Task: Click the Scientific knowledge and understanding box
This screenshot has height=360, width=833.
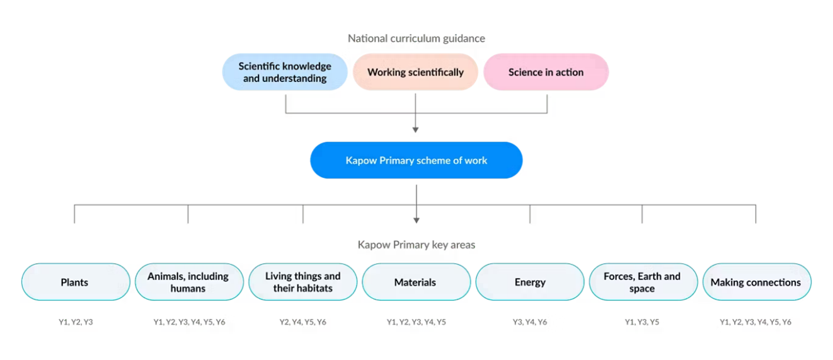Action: pos(285,72)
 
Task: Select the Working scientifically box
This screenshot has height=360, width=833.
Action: pos(415,72)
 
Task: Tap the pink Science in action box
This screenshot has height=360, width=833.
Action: pos(546,72)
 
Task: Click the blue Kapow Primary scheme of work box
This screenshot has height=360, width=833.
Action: pos(416,160)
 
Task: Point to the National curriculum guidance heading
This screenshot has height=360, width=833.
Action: pos(417,38)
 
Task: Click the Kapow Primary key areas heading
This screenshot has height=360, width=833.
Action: pos(417,244)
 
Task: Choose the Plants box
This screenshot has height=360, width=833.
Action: pos(75,282)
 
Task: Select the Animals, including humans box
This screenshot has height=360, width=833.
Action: pos(188,282)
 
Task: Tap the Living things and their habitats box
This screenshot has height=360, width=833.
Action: pos(302,282)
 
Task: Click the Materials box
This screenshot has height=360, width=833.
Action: pos(415,282)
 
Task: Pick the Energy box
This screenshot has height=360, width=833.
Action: pos(529,282)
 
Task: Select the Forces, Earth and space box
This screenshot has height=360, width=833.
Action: pos(642,282)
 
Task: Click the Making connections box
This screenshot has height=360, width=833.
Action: pos(755,282)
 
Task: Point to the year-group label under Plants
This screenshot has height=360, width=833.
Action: pos(75,322)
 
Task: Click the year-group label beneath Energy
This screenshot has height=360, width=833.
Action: pos(529,322)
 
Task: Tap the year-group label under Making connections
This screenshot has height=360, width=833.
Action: pos(755,322)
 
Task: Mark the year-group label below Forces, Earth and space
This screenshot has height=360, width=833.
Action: pos(642,322)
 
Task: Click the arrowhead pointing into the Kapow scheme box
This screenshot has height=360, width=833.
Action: pos(415,130)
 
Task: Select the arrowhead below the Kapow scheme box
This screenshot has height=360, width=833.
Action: pos(416,219)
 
